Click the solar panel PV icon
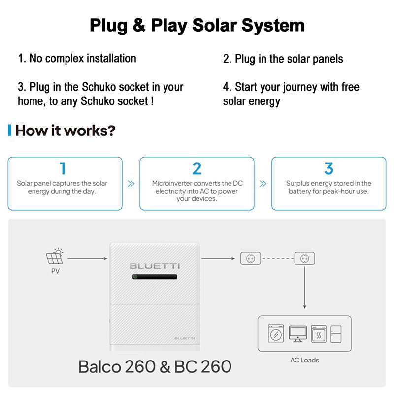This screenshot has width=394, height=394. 55,256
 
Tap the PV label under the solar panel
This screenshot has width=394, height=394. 56,271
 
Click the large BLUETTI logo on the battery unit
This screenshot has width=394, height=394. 155,266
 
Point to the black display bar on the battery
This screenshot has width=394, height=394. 155,277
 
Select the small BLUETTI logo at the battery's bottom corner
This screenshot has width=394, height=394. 185,338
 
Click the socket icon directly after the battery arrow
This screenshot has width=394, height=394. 251,258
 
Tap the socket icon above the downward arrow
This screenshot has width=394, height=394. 304,258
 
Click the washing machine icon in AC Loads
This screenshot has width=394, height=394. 276,333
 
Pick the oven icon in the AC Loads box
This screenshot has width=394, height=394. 319,334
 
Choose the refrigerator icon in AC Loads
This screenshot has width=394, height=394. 336,334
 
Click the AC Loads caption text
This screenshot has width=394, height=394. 304,361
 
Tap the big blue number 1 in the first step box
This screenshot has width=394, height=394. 63,168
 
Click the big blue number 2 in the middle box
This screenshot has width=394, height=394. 197,168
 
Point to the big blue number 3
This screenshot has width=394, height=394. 328,168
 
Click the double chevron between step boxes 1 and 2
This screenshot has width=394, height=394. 131,184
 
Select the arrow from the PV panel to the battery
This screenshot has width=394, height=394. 88,258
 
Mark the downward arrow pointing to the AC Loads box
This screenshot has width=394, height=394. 304,288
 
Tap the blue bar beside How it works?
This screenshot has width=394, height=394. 9,130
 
